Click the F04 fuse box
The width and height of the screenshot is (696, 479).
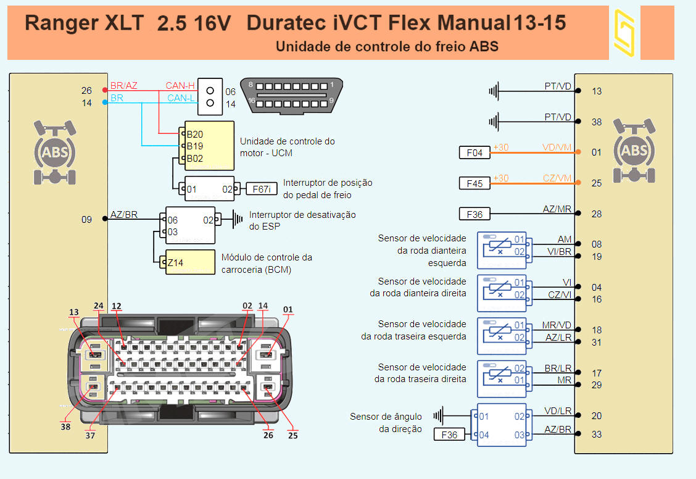coord(474,152)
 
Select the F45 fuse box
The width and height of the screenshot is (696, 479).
coord(474,183)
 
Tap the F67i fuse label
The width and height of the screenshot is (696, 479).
coord(262,189)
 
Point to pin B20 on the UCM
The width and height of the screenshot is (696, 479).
coord(195,134)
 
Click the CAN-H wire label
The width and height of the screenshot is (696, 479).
coord(180,86)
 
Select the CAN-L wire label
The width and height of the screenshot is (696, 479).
coord(181,98)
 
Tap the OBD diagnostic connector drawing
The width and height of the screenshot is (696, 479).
coord(291,96)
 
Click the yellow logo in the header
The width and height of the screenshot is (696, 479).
coord(624,33)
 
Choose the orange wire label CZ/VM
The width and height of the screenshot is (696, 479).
coord(557,178)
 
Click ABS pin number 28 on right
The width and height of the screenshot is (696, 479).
coord(597,214)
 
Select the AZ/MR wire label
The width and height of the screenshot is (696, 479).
coord(557,209)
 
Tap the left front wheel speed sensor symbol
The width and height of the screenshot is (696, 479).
coord(502,246)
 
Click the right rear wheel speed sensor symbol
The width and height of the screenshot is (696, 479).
coord(502,375)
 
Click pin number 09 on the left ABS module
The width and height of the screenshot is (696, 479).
coord(86,219)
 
